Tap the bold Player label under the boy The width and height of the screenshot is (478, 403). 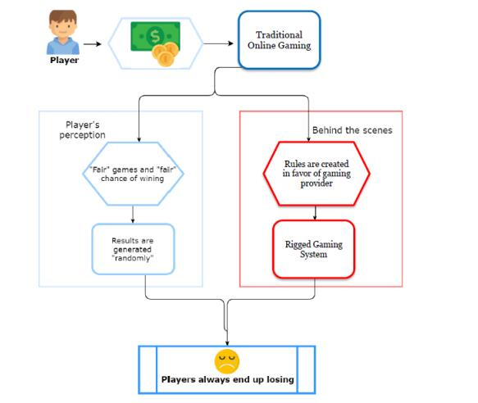pos(64,61)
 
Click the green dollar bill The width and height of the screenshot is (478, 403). pos(155,36)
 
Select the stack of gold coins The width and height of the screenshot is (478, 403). pos(165,54)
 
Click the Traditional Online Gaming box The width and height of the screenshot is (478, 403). pos(280,40)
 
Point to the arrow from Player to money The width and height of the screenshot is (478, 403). pos(93,44)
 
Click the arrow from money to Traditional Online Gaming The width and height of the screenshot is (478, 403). pos(218,43)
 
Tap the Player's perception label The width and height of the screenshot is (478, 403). pos(82,129)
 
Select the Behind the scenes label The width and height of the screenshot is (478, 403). pos(352,130)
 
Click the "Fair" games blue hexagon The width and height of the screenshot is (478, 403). pos(133,174)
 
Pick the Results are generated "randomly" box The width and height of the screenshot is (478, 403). pos(133,249)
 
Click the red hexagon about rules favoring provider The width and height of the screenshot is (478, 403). pos(316,174)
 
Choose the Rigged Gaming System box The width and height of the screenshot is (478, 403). pos(314,249)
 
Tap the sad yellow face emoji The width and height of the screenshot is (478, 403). pos(227,361)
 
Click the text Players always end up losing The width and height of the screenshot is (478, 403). pos(227,379)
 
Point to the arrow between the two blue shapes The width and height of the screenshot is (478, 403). pos(133,215)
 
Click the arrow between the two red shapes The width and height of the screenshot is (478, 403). pos(315,213)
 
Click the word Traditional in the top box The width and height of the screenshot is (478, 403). pos(279,34)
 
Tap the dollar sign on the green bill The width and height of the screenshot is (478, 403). pos(155,37)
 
